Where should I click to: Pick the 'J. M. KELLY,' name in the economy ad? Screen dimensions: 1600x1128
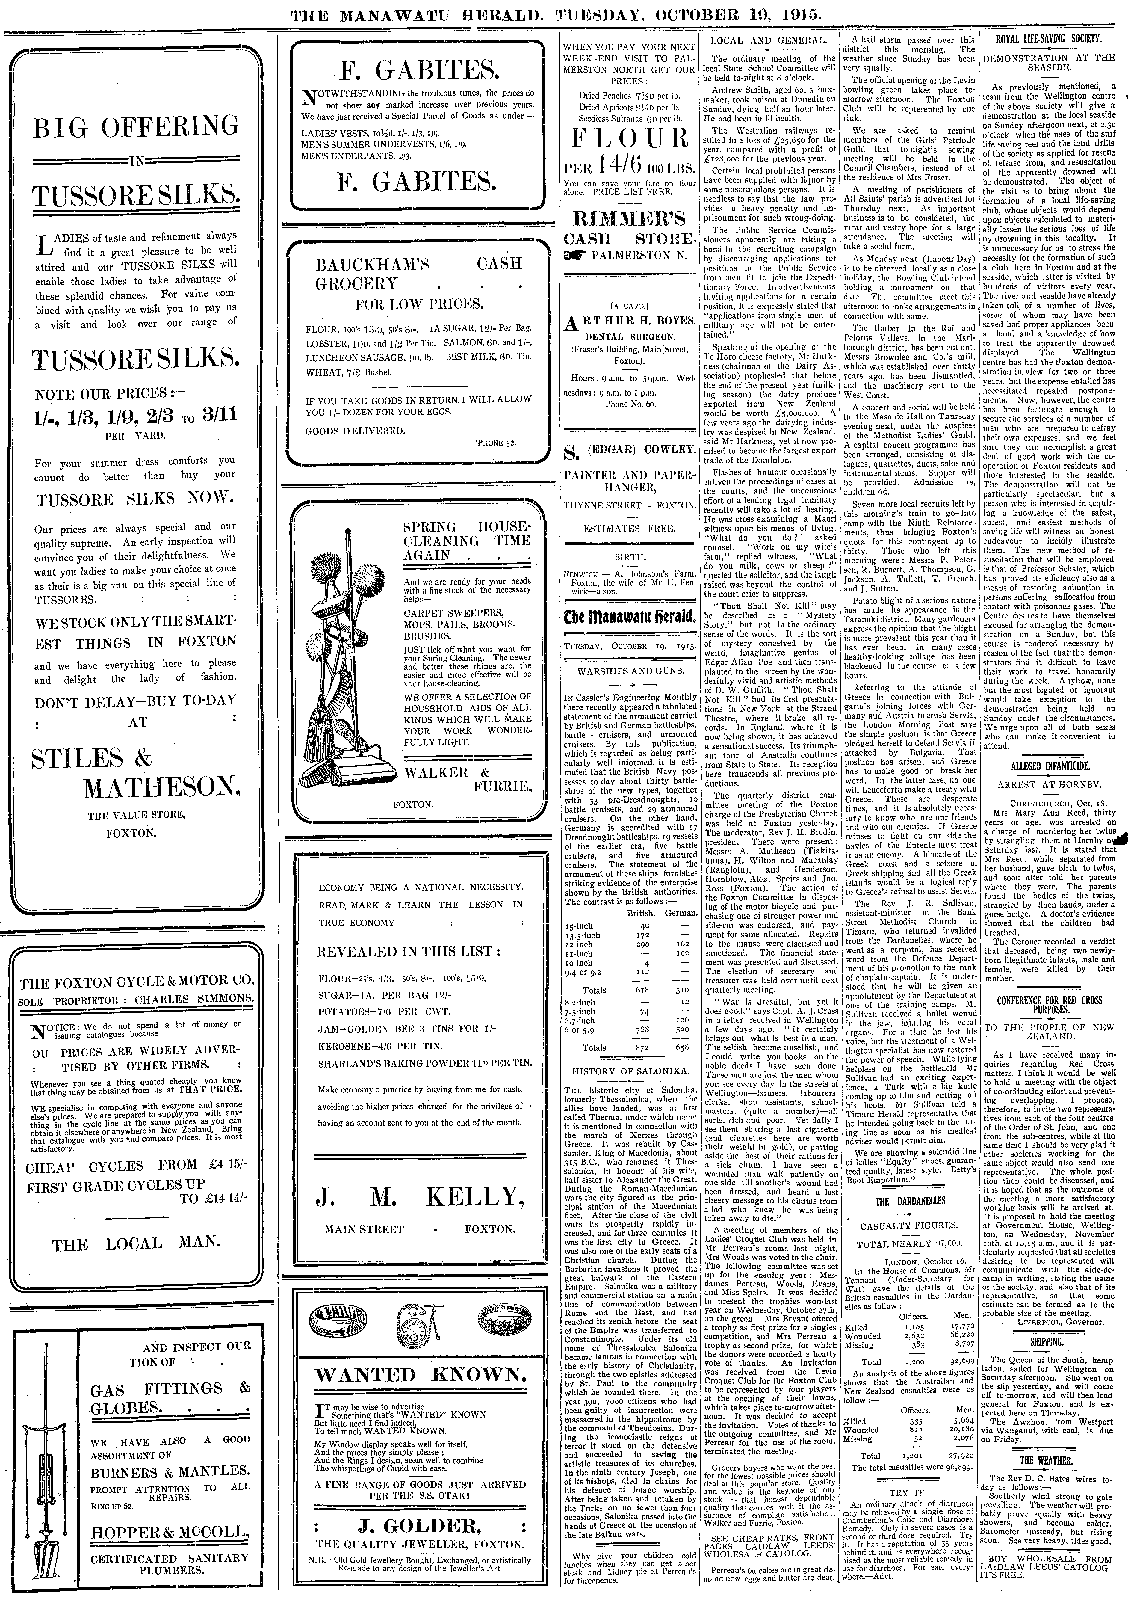coord(419,1196)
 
